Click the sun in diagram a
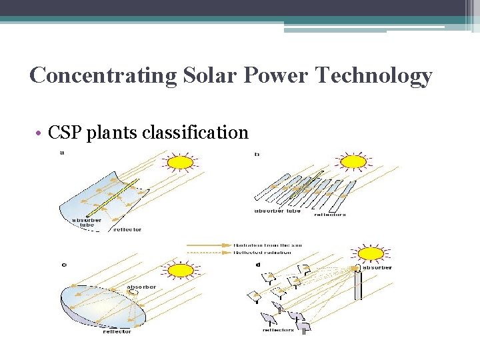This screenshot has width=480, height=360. coord(179,162)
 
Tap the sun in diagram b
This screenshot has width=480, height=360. coord(353,162)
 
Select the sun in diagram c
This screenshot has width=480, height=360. coord(180,271)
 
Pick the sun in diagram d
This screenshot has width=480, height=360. coord(371,253)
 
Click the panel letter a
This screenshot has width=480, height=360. coord(62,153)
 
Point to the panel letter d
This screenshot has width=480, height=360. coord(257,265)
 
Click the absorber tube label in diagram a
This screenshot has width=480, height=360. coord(87,223)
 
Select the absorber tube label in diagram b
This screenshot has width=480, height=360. coord(277,211)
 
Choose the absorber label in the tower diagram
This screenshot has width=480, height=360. coord(377,267)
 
